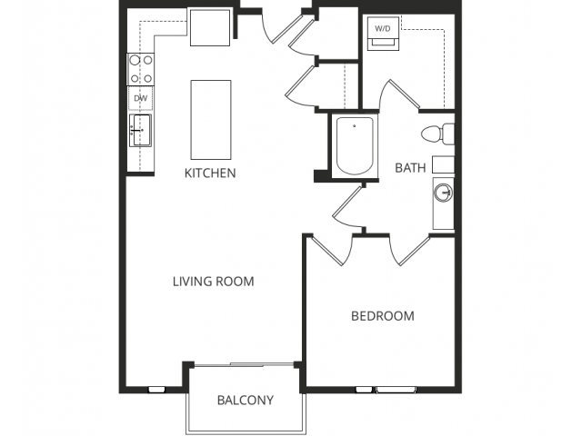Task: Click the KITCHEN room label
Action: pyautogui.click(x=210, y=173)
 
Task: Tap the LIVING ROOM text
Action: pyautogui.click(x=214, y=282)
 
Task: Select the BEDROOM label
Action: pyautogui.click(x=383, y=316)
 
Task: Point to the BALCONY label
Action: pyautogui.click(x=245, y=400)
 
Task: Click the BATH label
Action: pyautogui.click(x=410, y=167)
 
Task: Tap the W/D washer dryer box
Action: pyautogui.click(x=383, y=30)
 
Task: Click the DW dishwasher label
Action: pyautogui.click(x=140, y=98)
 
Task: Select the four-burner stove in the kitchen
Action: pyautogui.click(x=140, y=69)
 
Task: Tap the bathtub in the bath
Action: pyautogui.click(x=356, y=146)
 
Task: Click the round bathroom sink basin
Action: pyautogui.click(x=444, y=193)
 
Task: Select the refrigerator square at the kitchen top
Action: pyautogui.click(x=211, y=26)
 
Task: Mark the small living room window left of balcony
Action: pyautogui.click(x=156, y=390)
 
